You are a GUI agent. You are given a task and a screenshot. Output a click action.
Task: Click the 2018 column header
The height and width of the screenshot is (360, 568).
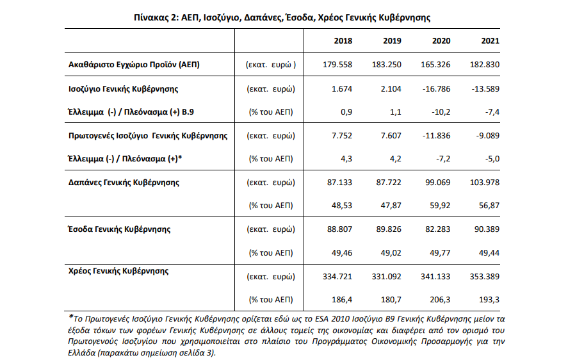tap(343, 41)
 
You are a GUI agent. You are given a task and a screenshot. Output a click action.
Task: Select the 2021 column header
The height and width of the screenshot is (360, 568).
tap(490, 41)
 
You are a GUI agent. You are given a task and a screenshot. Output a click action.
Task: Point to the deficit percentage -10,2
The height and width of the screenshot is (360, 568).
tap(441, 111)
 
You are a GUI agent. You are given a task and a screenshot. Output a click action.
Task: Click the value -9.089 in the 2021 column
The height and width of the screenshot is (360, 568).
tap(486, 136)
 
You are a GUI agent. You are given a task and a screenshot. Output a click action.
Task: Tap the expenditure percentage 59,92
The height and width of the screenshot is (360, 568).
tap(439, 206)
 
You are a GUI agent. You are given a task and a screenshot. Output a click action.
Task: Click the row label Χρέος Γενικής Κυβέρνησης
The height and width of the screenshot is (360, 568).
tap(118, 271)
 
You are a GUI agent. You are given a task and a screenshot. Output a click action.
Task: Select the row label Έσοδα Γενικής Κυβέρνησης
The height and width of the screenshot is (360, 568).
tap(119, 228)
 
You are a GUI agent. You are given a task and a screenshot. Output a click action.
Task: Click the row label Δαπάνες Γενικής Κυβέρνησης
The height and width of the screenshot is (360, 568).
tap(124, 182)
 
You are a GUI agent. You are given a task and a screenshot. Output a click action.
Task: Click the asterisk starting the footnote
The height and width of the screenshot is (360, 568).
tap(70, 316)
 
